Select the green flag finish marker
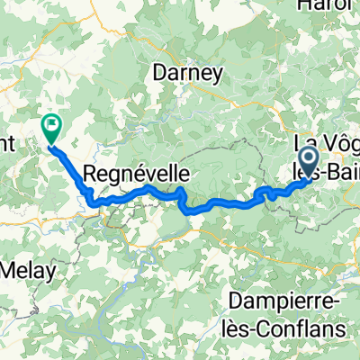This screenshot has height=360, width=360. [x=51, y=128]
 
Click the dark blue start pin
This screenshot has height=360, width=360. [x=308, y=162]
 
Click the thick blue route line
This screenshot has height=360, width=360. [x=216, y=205]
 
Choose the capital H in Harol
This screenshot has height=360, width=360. [x=314, y=7]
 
